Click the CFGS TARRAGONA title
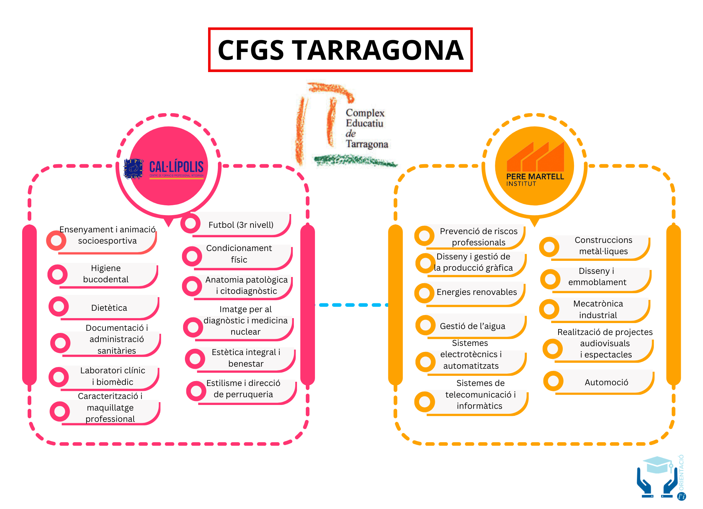point(340,50)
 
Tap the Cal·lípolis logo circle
point(169,166)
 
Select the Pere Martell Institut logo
point(534,166)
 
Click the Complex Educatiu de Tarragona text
point(366,129)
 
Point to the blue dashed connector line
point(351,305)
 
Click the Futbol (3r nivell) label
point(241,225)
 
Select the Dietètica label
point(109,308)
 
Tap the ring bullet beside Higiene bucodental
point(58,275)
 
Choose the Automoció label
point(606,382)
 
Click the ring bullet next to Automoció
point(553,381)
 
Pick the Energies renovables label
point(477,292)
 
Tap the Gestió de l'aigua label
point(472,326)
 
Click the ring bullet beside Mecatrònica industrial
point(549,309)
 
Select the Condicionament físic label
point(239,254)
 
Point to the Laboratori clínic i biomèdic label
point(112,376)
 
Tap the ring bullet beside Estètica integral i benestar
point(195,359)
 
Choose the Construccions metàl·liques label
point(603,246)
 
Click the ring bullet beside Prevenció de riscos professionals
point(424,236)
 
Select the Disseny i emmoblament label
point(597,277)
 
